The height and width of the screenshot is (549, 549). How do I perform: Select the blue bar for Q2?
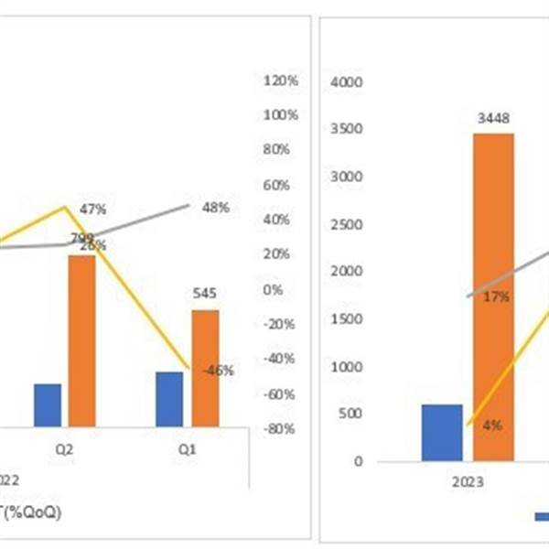(x=47, y=404)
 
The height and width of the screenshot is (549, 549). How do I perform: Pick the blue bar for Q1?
(x=169, y=399)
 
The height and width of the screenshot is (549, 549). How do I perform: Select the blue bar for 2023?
(x=442, y=433)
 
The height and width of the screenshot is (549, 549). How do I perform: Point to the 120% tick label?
(x=281, y=81)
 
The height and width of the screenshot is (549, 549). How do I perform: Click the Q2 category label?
(x=62, y=450)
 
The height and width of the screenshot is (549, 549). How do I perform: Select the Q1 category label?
(x=187, y=450)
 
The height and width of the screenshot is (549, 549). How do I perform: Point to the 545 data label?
(x=205, y=295)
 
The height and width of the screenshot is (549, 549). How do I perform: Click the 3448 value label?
(x=493, y=118)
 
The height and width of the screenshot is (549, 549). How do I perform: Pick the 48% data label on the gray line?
(x=215, y=208)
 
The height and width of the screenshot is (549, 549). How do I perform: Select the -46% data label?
(x=218, y=371)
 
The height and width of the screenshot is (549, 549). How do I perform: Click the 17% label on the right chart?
(x=498, y=297)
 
